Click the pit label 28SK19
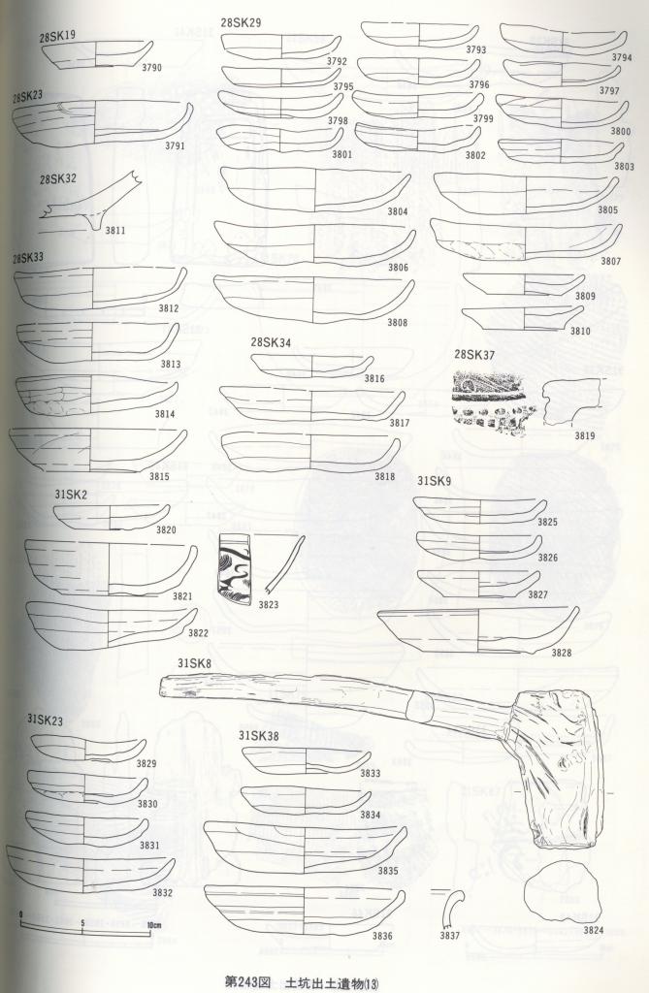pyautogui.click(x=57, y=36)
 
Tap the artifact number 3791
pyautogui.click(x=175, y=145)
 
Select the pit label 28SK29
pyautogui.click(x=241, y=23)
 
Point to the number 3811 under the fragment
pyautogui.click(x=114, y=231)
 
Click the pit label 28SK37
pyautogui.click(x=474, y=355)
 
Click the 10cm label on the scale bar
pyautogui.click(x=154, y=924)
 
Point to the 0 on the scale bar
pyautogui.click(x=21, y=913)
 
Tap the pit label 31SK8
pyautogui.click(x=194, y=663)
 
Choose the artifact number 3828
pyautogui.click(x=561, y=653)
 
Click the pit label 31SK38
pyautogui.click(x=259, y=736)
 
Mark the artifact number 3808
pyautogui.click(x=398, y=322)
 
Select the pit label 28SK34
pyautogui.click(x=271, y=342)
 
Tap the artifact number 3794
pyautogui.click(x=622, y=57)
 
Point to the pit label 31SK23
pyautogui.click(x=45, y=721)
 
